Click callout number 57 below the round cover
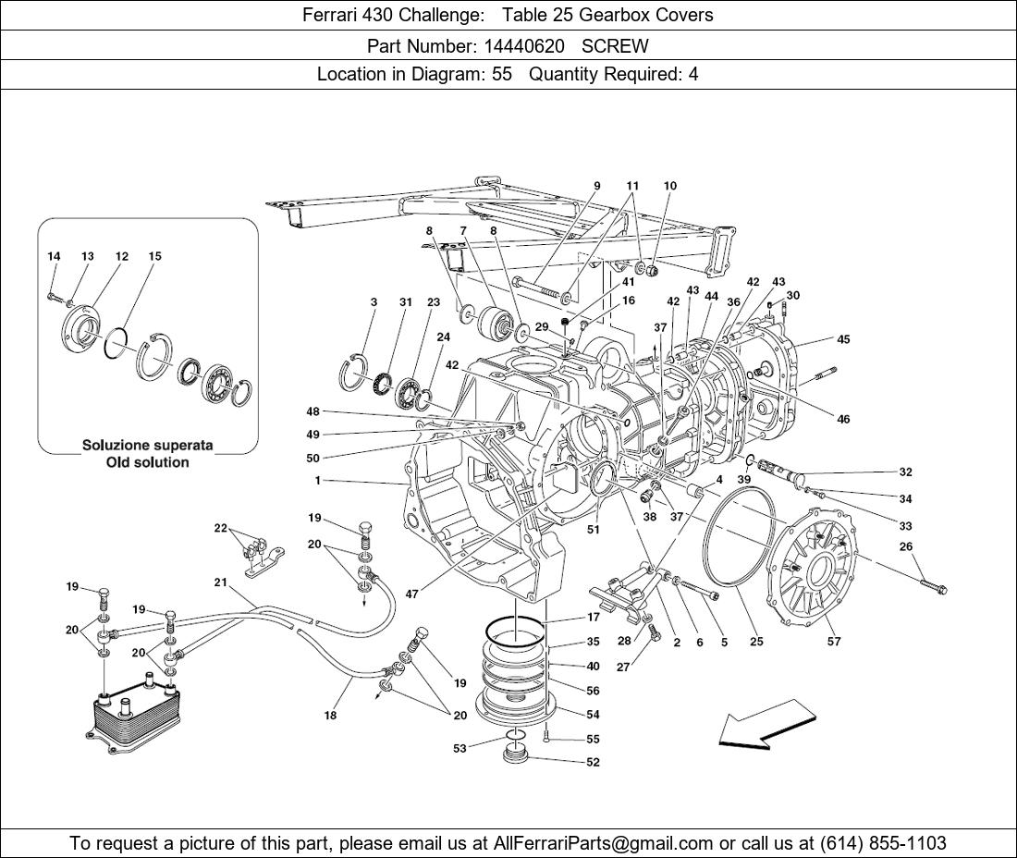click(x=834, y=642)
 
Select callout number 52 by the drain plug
click(x=593, y=763)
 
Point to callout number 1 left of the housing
click(x=317, y=481)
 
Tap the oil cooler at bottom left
click(x=134, y=711)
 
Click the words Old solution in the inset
click(x=148, y=461)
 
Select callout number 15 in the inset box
click(x=154, y=256)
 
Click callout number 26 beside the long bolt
click(x=906, y=546)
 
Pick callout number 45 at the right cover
click(x=843, y=339)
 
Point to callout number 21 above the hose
click(x=220, y=582)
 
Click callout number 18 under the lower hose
click(x=330, y=716)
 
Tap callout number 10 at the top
click(x=670, y=186)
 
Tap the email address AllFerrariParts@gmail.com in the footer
click(x=604, y=843)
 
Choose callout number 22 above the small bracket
click(x=220, y=528)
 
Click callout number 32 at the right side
click(x=905, y=472)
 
